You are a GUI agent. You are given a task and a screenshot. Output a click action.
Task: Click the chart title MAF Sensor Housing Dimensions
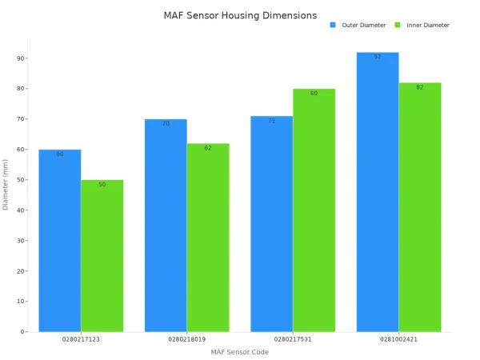coord(240,15)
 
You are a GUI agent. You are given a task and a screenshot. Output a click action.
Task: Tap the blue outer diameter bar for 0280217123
coord(60,240)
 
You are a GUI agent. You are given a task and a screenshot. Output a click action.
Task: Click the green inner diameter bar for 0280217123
coord(102,256)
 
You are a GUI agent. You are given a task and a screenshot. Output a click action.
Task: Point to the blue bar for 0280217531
coord(271,224)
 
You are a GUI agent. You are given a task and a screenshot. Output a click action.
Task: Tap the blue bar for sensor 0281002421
coord(378,192)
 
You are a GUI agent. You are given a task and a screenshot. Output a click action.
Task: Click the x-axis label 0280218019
coord(186,339)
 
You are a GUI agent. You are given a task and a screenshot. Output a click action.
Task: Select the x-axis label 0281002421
coord(398,339)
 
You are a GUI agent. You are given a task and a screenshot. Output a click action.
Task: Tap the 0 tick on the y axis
coord(22,331)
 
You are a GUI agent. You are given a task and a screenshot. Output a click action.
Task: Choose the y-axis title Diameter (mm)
coord(6,184)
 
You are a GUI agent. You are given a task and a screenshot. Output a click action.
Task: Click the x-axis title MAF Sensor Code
coord(240,352)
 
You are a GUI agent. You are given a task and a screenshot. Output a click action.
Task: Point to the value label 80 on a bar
coord(314,94)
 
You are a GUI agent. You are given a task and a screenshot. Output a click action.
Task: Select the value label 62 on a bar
coord(208,148)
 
